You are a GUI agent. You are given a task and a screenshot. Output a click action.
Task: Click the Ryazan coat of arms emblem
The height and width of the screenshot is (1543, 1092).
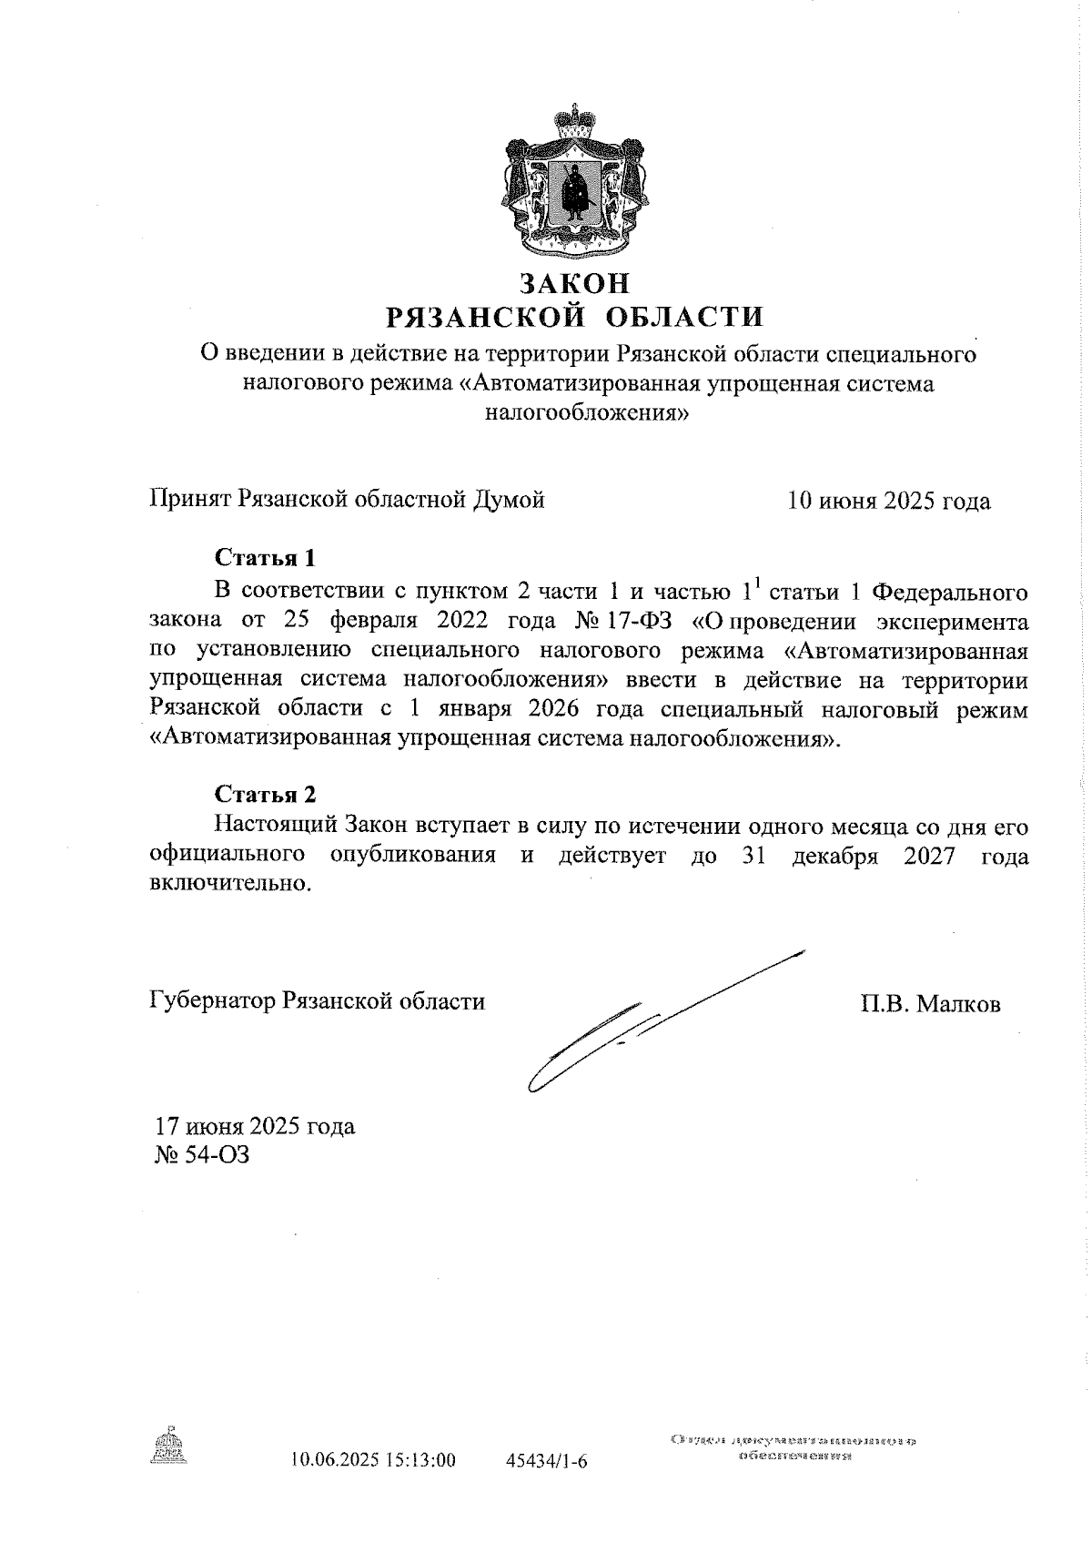pyautogui.click(x=574, y=184)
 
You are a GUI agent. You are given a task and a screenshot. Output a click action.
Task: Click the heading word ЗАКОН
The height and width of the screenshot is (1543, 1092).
pyautogui.click(x=574, y=284)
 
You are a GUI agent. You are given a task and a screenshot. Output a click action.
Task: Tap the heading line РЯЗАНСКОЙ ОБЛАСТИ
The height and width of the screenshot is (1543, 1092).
pyautogui.click(x=574, y=317)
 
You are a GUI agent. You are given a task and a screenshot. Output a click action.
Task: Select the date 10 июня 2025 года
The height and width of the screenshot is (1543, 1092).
pyautogui.click(x=888, y=501)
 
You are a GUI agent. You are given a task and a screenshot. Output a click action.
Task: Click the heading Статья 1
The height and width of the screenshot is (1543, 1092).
pyautogui.click(x=265, y=557)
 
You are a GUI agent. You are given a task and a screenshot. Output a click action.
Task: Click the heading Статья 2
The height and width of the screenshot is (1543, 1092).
pyautogui.click(x=265, y=794)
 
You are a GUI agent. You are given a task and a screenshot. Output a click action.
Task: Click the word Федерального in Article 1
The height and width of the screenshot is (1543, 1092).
pyautogui.click(x=950, y=593)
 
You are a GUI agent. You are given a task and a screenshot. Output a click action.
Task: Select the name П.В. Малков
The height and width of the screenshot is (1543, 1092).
pyautogui.click(x=929, y=1004)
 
